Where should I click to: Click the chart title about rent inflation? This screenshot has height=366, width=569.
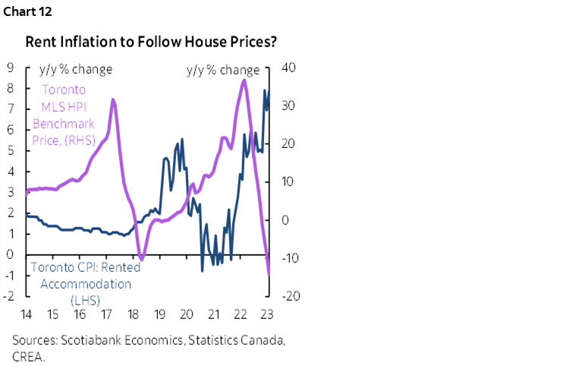(152, 43)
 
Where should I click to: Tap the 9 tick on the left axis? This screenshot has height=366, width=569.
(10, 68)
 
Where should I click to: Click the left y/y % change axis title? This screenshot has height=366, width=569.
(75, 69)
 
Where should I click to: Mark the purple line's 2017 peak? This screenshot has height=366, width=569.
(113, 99)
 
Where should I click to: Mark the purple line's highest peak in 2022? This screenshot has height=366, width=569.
(243, 80)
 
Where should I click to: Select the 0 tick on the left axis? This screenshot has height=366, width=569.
(10, 254)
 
